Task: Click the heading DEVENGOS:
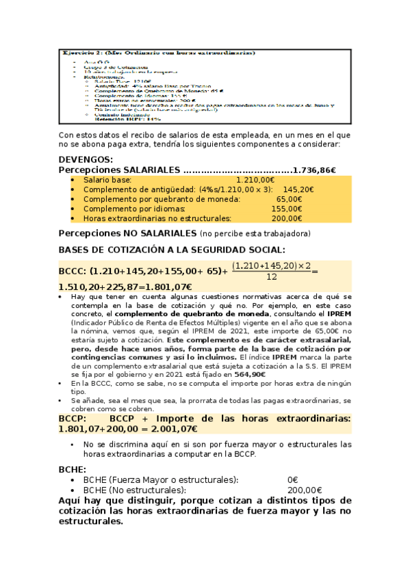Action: point(85,159)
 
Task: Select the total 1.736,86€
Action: point(313,170)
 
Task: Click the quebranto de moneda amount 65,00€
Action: point(289,199)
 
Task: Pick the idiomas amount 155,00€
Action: point(287,209)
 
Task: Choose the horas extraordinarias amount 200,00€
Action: point(286,219)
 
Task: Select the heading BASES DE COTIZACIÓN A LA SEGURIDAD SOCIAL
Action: point(172,250)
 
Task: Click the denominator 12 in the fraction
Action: point(272,277)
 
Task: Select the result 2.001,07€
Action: point(169,429)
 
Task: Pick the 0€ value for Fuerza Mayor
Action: point(292,479)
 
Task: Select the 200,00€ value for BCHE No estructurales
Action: point(304,490)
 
